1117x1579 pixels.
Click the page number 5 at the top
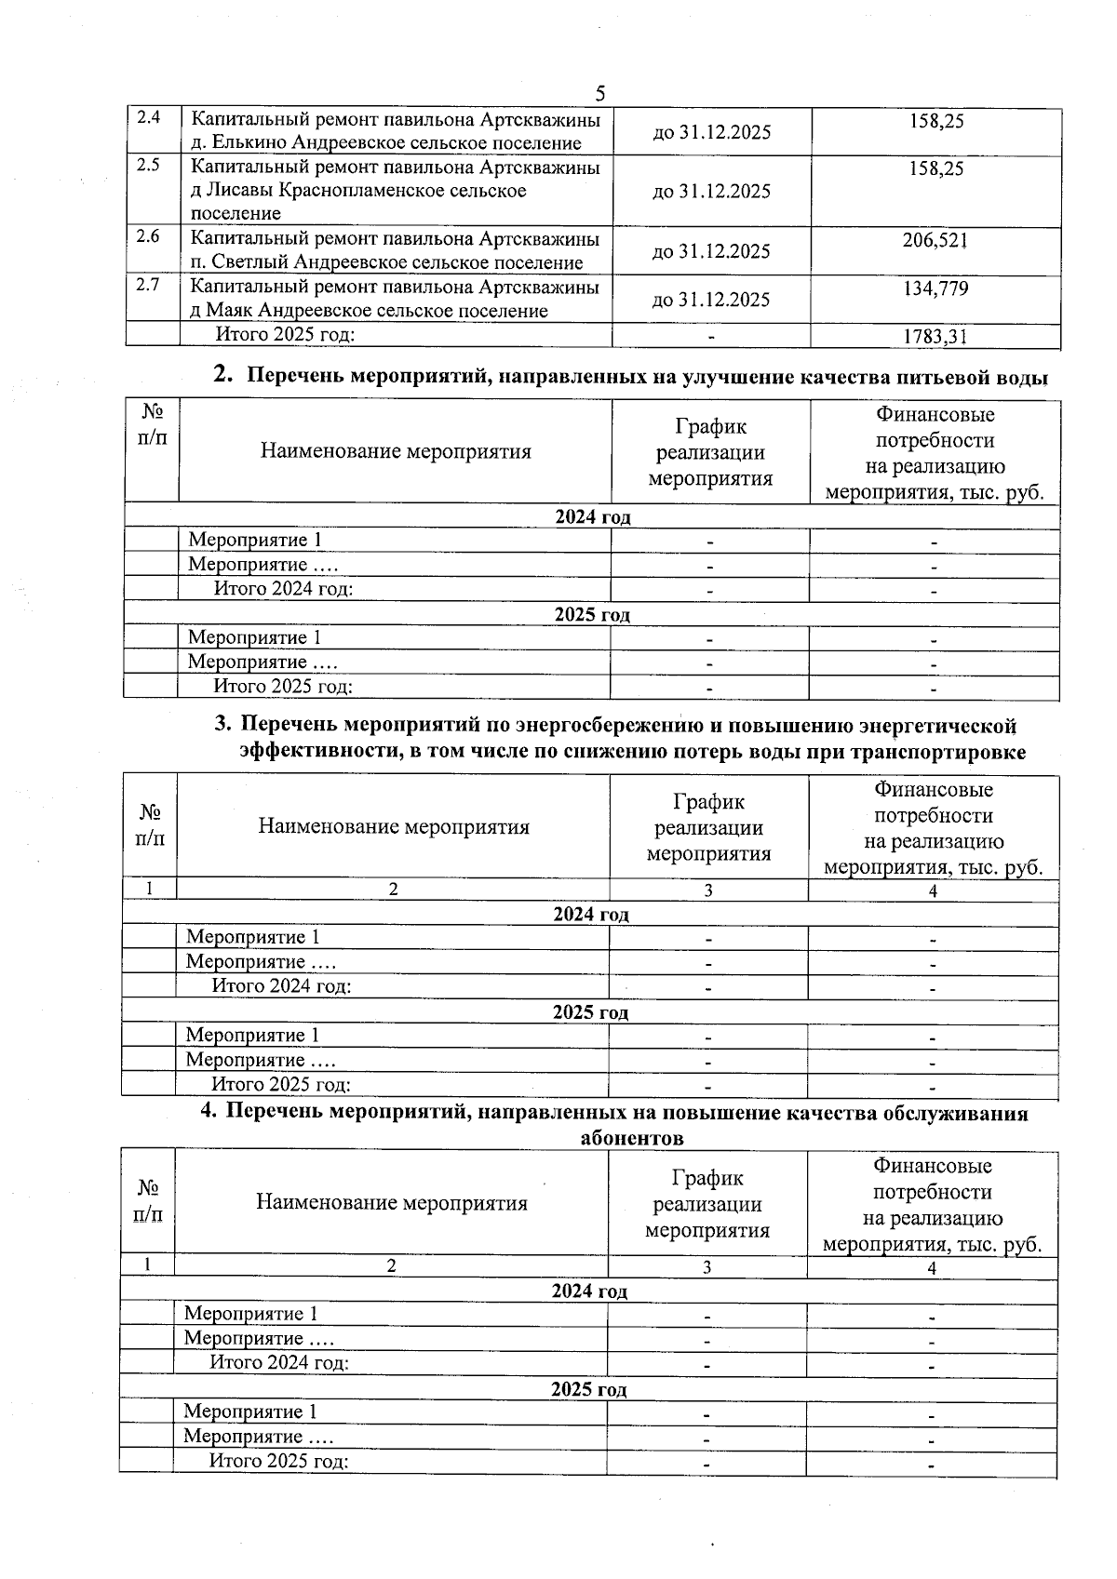[x=600, y=94]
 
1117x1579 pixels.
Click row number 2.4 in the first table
[x=148, y=118]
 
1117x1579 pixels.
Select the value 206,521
[x=935, y=241]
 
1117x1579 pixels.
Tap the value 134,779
[x=935, y=289]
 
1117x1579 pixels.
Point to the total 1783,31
[x=935, y=338]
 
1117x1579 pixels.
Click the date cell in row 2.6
[x=711, y=252]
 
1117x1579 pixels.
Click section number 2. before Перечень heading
[x=222, y=375]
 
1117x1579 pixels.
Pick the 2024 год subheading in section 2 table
[x=592, y=517]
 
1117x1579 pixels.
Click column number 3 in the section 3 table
[x=708, y=890]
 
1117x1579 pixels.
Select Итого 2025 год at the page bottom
[x=278, y=1461]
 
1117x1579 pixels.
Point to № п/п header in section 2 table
[x=152, y=425]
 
